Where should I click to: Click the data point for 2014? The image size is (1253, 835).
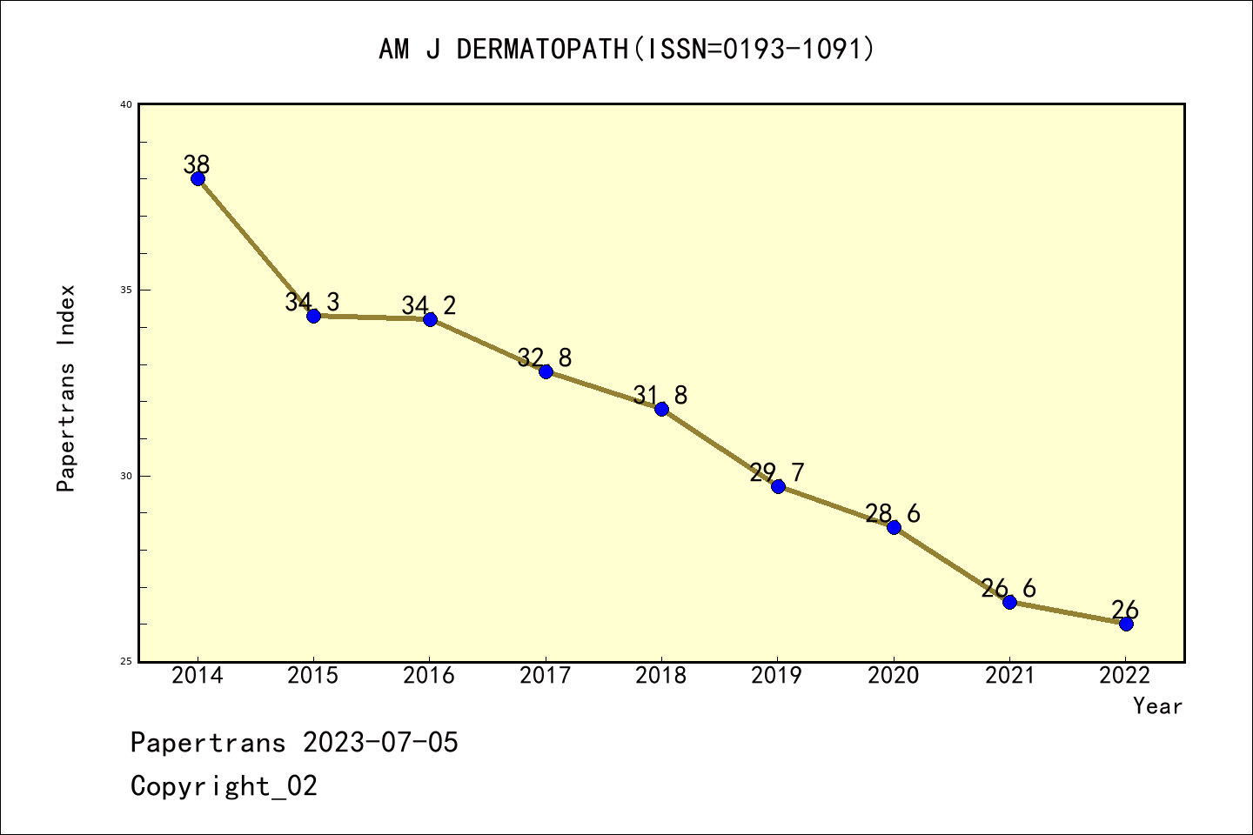pos(198,178)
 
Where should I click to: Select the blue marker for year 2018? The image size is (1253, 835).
pos(661,409)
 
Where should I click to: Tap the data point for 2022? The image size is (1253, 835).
pos(1126,624)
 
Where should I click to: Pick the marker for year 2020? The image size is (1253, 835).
pos(894,527)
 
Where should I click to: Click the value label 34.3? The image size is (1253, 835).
pos(312,302)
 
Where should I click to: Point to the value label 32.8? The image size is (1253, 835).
pos(544,357)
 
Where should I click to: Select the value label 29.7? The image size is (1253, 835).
pos(776,472)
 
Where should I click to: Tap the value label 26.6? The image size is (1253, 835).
pos(1008,588)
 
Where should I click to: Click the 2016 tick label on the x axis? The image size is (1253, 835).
pos(429,676)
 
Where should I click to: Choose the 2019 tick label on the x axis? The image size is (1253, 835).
pos(777,676)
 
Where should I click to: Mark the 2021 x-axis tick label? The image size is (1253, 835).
pos(1009,676)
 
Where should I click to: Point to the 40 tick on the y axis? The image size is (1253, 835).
pos(125,104)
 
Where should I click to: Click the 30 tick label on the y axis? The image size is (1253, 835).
pos(125,476)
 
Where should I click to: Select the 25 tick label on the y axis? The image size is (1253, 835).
pos(125,662)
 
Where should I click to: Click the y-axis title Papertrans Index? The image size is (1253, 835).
pos(66,388)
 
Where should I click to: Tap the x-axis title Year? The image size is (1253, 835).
pos(1157,706)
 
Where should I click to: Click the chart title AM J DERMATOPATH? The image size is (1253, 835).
pos(626,50)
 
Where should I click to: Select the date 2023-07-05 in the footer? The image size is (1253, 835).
pos(380,743)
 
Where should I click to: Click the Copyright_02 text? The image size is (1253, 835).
pos(224,786)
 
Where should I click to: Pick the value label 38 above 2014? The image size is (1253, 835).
pos(197,164)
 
